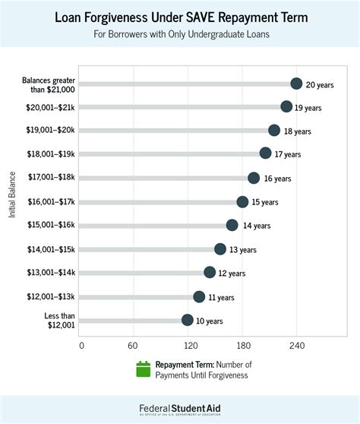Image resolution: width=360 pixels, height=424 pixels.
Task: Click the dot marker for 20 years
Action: [x=296, y=84]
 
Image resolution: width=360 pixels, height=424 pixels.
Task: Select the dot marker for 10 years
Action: [x=188, y=321]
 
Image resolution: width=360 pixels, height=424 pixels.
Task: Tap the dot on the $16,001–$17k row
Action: [x=242, y=202]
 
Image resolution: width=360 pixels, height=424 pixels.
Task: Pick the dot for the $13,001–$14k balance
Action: [x=210, y=272]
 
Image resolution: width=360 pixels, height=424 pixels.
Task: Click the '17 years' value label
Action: [x=288, y=154]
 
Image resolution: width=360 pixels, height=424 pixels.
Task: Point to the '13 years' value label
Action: [x=243, y=250]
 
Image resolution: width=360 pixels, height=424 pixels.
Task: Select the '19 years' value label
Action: [x=308, y=108]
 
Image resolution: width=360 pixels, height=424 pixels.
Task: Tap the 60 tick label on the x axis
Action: [x=133, y=345]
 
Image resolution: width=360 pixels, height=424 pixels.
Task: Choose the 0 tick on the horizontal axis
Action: [x=81, y=345]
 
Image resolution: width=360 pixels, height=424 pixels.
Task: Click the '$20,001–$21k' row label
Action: [x=49, y=107]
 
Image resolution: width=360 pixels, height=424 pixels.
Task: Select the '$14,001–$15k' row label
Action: [x=49, y=248]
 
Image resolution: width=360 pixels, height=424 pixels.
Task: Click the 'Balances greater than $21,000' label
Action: [x=46, y=84]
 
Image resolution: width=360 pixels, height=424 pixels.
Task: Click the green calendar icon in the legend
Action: [x=143, y=369]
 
